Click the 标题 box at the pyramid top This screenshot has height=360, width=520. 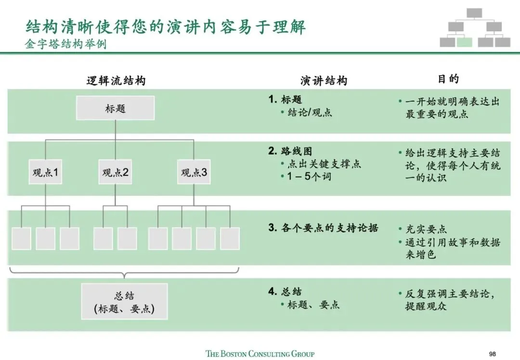coord(115,108)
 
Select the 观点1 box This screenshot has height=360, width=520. coord(45,172)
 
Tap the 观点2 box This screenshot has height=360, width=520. coord(115,172)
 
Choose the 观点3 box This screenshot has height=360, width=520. coord(194,172)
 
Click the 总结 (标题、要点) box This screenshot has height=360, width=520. coord(124,302)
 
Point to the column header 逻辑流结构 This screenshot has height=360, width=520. coord(116,81)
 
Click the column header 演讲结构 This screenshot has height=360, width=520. coord(323,81)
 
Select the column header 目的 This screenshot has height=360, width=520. coord(448,79)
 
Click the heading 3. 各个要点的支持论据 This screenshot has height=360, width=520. coord(323,228)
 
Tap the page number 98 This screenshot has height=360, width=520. coord(492,354)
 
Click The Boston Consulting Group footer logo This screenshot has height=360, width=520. coord(260,354)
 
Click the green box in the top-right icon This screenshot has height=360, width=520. coord(464,42)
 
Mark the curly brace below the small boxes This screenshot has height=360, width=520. coord(124,275)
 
